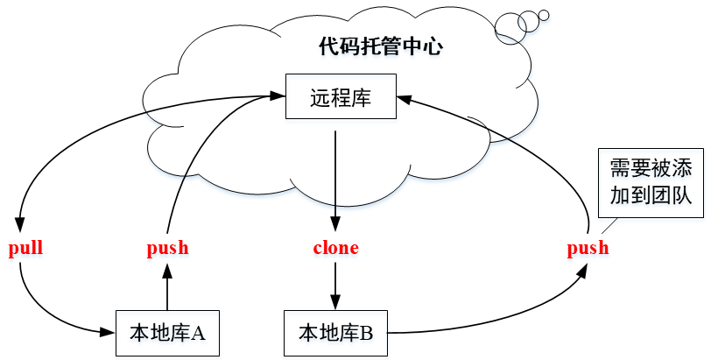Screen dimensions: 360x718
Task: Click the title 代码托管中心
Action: [381, 46]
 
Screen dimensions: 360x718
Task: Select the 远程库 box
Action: [341, 97]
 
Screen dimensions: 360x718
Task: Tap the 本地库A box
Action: [166, 333]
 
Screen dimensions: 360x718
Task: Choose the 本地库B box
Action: [336, 333]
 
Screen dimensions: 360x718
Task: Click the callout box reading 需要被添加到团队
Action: [651, 182]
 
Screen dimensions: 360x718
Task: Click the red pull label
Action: [25, 248]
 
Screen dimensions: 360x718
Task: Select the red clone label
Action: [336, 248]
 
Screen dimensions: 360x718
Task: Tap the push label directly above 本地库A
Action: [167, 248]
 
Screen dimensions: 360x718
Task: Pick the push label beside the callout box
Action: [588, 248]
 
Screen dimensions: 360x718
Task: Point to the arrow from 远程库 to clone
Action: [336, 175]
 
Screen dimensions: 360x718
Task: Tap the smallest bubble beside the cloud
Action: [543, 15]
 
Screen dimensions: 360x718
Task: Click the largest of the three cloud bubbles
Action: [508, 26]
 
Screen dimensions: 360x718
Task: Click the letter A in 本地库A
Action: [198, 333]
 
